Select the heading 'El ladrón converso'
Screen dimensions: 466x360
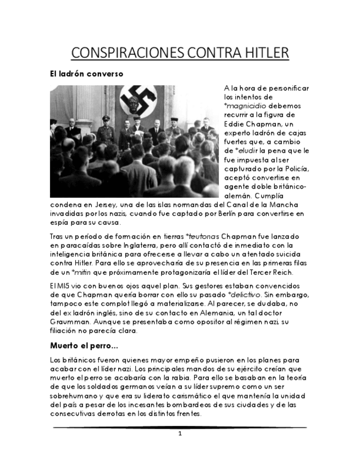point(86,74)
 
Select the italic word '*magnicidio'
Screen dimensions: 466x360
point(245,106)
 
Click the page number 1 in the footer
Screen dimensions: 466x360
point(180,434)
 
